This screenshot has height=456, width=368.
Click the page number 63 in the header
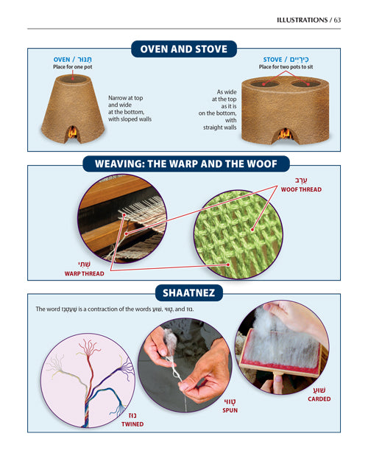pos(337,20)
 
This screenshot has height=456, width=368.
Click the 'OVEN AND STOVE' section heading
pos(184,49)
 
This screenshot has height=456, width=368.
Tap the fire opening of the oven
pos(72,133)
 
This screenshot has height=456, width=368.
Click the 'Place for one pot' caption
pos(72,68)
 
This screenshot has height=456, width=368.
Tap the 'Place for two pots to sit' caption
pos(286,68)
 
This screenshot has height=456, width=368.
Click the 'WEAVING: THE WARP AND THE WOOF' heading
pos(184,163)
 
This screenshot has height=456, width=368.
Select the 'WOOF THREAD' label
pos(301,189)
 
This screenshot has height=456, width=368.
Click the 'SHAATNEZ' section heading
pos(184,294)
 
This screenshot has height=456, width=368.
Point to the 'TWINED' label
pos(132,424)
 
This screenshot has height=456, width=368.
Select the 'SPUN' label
pos(234,409)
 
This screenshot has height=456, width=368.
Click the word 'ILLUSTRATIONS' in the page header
pos(301,20)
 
